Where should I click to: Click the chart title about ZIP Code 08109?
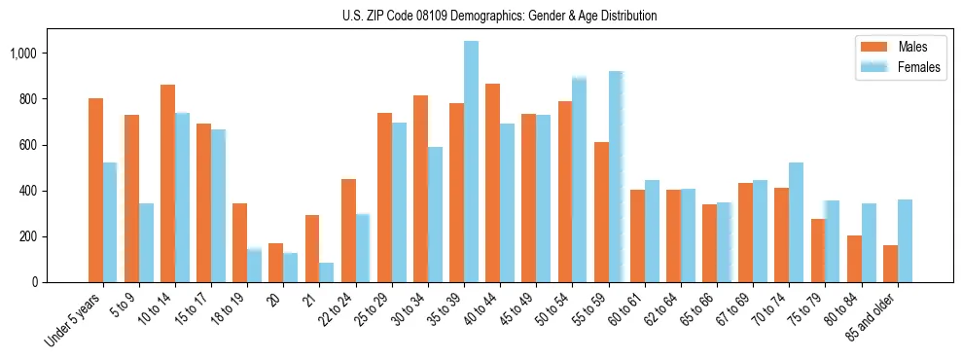499,16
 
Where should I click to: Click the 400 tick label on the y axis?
28,191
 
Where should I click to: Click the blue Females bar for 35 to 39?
471,162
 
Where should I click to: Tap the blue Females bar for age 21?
327,272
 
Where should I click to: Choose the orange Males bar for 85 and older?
890,264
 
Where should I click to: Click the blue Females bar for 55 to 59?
615,176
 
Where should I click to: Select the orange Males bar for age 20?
276,263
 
